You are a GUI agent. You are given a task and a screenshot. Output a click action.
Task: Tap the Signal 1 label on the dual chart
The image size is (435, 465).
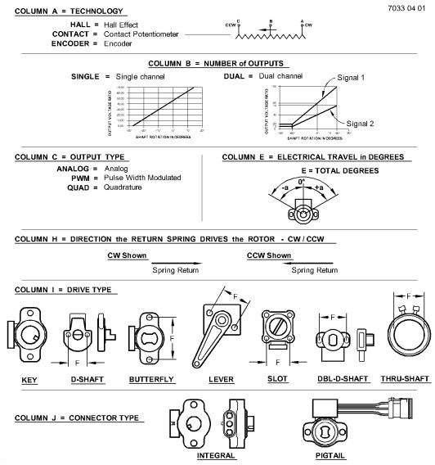[352, 77]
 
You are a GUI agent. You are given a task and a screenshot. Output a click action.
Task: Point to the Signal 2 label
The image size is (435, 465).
[361, 123]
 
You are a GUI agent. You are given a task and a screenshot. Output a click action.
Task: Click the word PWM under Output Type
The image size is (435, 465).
[65, 178]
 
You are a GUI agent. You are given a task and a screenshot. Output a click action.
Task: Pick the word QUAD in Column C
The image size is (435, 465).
[62, 187]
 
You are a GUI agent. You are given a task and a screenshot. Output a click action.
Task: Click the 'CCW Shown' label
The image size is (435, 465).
[269, 255]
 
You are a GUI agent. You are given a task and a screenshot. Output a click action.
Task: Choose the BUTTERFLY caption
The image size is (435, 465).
[152, 380]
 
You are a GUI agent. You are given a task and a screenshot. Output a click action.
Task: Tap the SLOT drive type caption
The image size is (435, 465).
[277, 380]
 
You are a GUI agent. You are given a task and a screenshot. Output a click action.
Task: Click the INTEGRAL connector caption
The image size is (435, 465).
[216, 455]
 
